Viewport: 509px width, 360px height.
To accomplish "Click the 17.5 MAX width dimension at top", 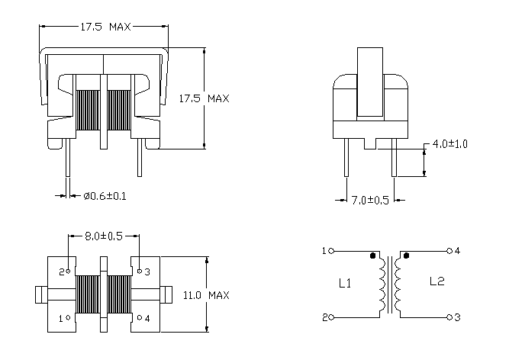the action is [x=105, y=27].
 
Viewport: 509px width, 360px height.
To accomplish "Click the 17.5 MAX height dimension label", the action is [x=205, y=98].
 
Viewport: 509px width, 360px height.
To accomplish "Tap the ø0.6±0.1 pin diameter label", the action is [x=105, y=196].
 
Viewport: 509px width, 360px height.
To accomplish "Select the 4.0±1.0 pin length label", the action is [x=450, y=144].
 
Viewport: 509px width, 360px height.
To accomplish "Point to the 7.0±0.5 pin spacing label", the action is [x=370, y=200].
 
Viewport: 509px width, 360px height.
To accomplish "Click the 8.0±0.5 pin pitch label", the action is [x=104, y=236].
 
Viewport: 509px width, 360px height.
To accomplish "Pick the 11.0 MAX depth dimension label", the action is [x=206, y=295].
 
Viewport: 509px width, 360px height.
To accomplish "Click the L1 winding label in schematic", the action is [x=345, y=283].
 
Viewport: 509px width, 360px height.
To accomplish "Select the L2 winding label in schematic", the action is [x=437, y=281].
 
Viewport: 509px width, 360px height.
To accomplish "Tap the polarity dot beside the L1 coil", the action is [x=372, y=256].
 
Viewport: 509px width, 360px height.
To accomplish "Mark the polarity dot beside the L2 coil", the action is [x=406, y=256].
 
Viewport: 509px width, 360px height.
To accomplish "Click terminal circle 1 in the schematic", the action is [x=331, y=251].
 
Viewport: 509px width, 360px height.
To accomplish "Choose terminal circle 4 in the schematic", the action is [x=449, y=251].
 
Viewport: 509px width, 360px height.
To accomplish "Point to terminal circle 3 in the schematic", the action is [x=449, y=317].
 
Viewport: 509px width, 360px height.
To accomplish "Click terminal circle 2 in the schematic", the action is [x=331, y=317].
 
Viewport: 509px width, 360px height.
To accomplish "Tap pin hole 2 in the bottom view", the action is [x=68, y=271].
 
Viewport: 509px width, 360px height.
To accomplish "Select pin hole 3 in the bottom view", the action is [x=140, y=271].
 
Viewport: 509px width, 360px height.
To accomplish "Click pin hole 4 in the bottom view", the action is [x=140, y=317].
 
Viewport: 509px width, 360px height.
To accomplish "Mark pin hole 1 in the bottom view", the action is [x=68, y=317].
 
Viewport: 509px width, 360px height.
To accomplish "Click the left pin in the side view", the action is [x=346, y=158].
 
